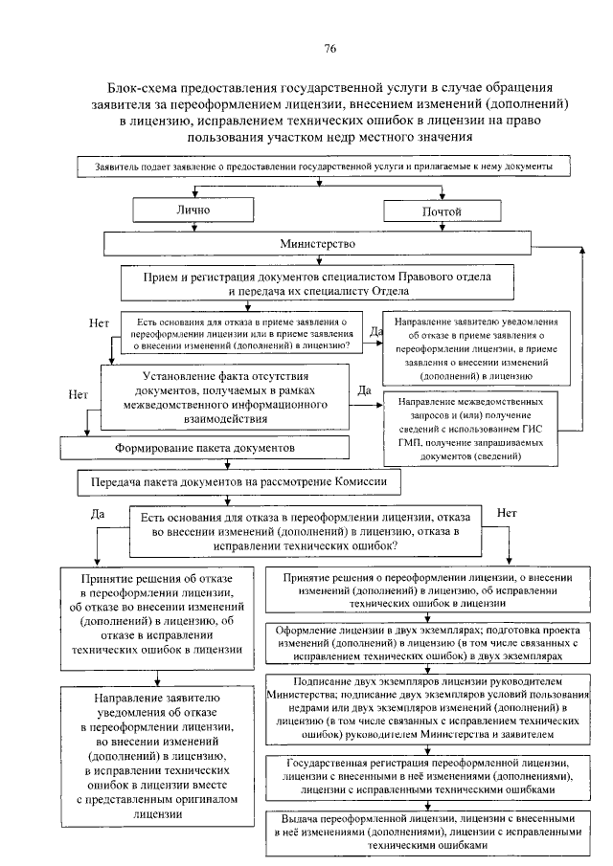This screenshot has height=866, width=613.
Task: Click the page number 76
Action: (329, 49)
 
